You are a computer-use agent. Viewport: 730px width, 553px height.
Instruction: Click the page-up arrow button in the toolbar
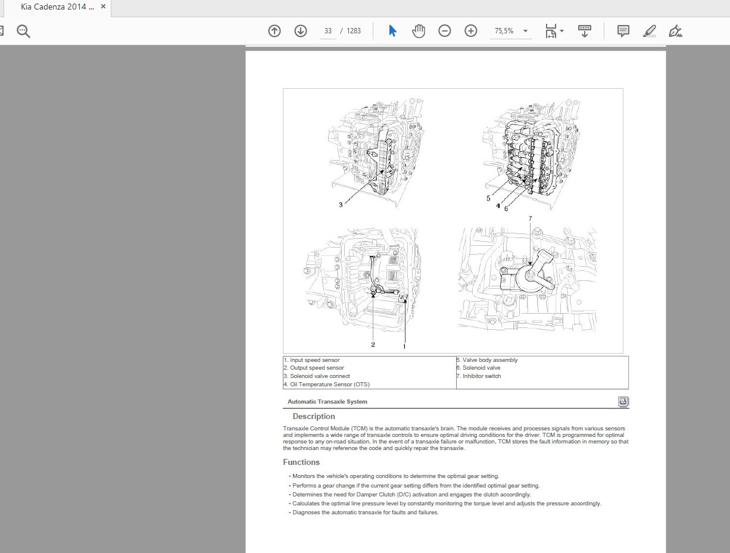point(274,31)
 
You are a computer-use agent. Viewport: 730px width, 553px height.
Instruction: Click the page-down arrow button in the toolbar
point(301,31)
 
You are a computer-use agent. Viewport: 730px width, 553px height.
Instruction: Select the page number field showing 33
point(328,31)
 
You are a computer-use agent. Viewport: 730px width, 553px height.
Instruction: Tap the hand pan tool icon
point(419,31)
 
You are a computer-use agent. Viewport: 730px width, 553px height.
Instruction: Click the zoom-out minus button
point(445,31)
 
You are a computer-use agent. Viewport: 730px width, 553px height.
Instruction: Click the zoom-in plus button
point(471,31)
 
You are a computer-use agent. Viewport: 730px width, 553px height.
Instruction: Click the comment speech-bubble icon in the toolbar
point(623,31)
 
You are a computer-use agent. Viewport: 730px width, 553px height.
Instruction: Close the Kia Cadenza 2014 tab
point(103,7)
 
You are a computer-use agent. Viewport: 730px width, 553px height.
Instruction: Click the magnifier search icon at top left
point(23,31)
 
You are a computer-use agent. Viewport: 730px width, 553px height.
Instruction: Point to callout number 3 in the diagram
point(341,205)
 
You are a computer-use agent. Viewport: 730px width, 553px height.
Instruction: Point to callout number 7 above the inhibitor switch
point(530,218)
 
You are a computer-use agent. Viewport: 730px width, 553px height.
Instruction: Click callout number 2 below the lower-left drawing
point(373,344)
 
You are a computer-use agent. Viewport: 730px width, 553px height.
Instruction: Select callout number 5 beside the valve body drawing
point(488,198)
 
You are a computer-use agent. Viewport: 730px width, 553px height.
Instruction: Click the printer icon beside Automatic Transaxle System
point(623,402)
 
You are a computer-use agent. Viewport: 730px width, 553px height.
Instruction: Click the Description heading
point(314,417)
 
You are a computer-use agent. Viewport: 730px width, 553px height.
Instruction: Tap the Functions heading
point(301,463)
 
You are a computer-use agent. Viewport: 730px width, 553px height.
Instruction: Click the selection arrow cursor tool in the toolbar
point(392,31)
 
